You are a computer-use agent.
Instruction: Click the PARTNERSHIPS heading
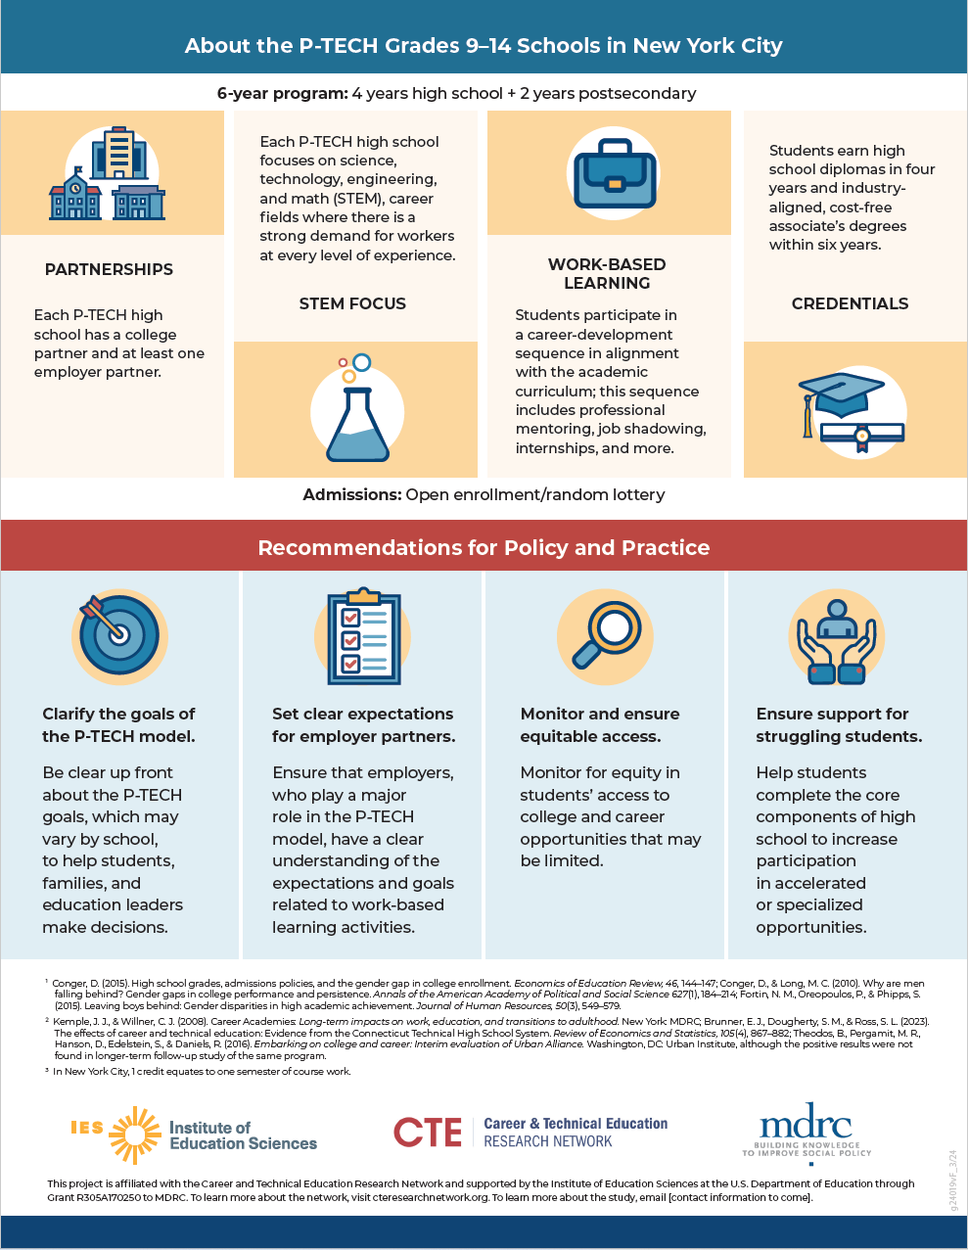click(109, 269)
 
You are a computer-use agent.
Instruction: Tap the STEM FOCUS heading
click(352, 303)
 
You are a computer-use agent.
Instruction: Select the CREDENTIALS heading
click(850, 303)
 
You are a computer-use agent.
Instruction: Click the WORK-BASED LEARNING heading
click(607, 273)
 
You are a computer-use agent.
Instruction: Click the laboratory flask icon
click(357, 410)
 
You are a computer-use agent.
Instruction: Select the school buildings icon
click(108, 176)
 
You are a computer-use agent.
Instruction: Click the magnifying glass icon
click(605, 635)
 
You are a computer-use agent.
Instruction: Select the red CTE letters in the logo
click(428, 1134)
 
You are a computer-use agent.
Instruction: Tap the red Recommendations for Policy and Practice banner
click(484, 547)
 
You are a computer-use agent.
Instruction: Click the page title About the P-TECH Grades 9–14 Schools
click(484, 45)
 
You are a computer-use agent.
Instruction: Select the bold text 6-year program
click(282, 93)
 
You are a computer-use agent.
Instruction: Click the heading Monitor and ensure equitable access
click(599, 724)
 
